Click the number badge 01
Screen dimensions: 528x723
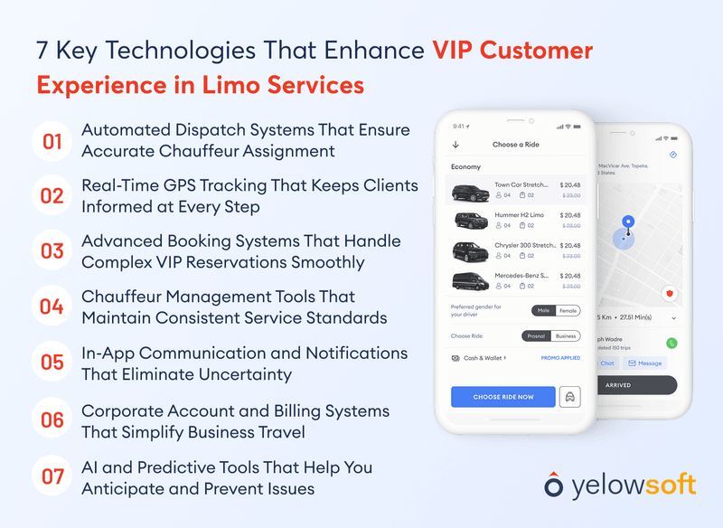[x=52, y=141]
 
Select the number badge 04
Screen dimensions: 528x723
[x=52, y=306]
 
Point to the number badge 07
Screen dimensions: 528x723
[x=52, y=476]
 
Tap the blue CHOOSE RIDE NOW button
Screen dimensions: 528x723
[x=503, y=397]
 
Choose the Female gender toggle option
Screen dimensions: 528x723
[x=568, y=310]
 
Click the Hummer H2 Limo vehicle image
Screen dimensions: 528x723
[x=471, y=221]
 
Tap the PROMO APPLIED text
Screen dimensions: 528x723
[x=560, y=358]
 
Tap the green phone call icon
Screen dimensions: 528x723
[x=671, y=343]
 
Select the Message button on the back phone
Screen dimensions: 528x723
[x=645, y=363]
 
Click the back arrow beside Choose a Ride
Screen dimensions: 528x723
[x=455, y=145]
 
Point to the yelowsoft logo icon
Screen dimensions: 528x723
[x=553, y=485]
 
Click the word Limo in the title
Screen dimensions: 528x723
[x=227, y=85]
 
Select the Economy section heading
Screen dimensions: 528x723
[x=466, y=167]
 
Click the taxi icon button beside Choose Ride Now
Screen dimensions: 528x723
[x=570, y=397]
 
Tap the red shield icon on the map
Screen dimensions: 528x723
[x=670, y=294]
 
